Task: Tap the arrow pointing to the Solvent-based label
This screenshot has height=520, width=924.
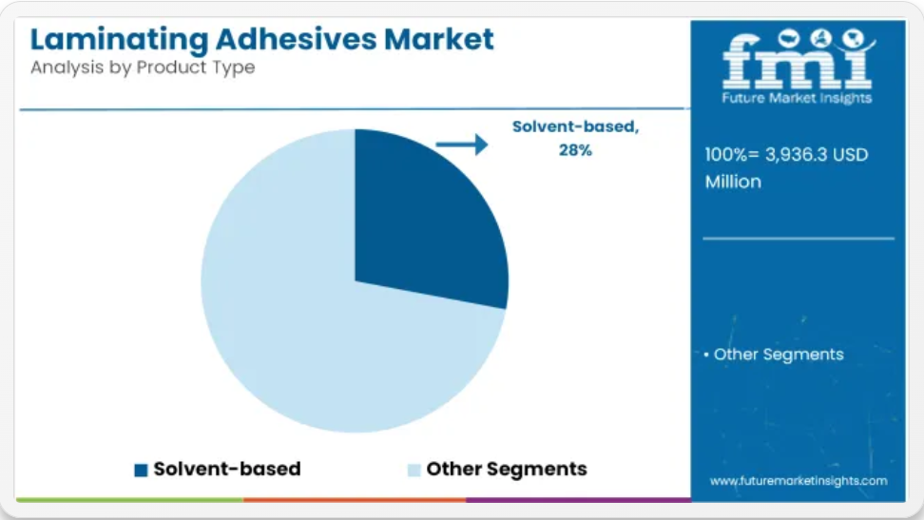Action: tap(462, 144)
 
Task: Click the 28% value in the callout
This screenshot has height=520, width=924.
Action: tap(575, 150)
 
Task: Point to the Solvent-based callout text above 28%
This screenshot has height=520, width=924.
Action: tap(575, 126)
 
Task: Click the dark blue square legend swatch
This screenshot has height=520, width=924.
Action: tap(141, 470)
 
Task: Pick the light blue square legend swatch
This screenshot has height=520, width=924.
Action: tap(414, 470)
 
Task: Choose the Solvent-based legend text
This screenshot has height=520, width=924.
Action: tap(227, 469)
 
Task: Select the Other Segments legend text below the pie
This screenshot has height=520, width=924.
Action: tap(507, 470)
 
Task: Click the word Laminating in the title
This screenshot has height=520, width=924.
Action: tap(119, 40)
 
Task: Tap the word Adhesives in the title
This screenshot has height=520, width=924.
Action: tap(296, 39)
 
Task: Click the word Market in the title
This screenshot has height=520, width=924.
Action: tap(439, 39)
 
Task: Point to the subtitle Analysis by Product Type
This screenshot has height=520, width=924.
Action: tap(143, 67)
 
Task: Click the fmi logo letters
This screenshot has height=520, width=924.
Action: tap(797, 61)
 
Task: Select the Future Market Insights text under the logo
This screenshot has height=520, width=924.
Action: tap(797, 98)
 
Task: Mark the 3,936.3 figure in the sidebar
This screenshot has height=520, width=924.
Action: tap(796, 154)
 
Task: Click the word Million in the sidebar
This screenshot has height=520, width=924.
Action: tap(733, 182)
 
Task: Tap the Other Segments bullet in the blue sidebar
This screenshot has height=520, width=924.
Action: tap(775, 355)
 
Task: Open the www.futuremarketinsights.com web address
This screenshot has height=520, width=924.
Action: tap(799, 481)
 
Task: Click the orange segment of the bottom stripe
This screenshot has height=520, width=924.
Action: tap(355, 500)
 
